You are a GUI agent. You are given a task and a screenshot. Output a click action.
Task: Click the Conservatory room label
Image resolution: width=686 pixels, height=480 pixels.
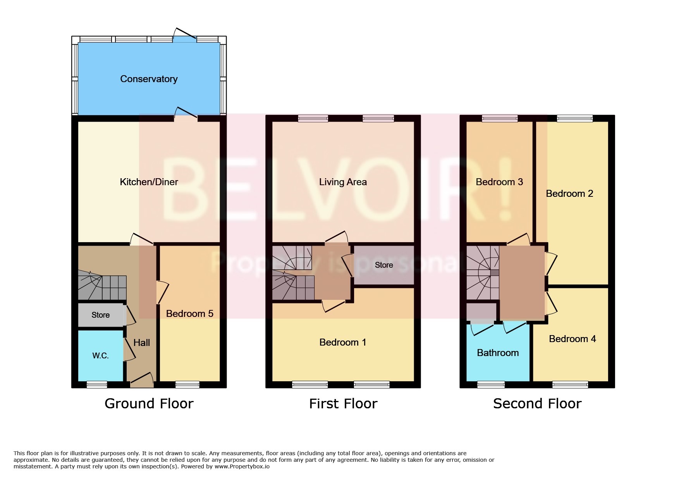tap(149, 79)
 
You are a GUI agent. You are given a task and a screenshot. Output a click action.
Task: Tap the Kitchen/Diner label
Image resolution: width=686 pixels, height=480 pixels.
tap(149, 182)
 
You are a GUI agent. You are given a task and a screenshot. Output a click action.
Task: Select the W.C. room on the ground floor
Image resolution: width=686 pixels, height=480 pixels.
tap(100, 356)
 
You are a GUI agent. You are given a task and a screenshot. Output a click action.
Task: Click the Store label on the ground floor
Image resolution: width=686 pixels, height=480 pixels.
tap(101, 315)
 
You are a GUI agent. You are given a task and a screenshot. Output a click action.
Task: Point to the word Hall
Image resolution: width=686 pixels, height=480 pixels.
tap(141, 343)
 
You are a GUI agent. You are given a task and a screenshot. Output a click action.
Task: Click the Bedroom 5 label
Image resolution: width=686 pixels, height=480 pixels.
tap(189, 313)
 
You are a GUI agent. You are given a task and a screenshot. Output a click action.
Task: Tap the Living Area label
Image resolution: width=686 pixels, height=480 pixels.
tap(343, 182)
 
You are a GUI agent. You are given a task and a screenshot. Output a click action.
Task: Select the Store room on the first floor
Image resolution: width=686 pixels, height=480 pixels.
tap(384, 265)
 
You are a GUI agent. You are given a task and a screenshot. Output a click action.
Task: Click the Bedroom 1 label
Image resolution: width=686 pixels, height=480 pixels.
tap(342, 342)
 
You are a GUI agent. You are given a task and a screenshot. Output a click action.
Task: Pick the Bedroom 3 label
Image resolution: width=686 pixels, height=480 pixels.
tap(499, 182)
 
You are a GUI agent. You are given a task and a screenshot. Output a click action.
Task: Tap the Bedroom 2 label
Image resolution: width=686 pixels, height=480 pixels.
tap(569, 194)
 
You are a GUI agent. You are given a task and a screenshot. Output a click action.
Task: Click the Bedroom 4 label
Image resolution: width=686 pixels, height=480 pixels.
tap(572, 339)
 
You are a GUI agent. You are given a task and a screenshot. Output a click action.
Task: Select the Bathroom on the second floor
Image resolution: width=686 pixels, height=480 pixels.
tap(498, 353)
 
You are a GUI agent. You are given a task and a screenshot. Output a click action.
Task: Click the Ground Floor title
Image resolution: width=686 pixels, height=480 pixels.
tap(149, 404)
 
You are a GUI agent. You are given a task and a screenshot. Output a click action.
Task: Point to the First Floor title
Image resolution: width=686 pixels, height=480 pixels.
tap(343, 404)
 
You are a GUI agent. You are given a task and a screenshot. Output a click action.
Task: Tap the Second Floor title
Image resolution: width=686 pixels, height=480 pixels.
tap(537, 404)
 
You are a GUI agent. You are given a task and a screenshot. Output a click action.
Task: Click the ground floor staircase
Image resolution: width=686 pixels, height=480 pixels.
tap(102, 287)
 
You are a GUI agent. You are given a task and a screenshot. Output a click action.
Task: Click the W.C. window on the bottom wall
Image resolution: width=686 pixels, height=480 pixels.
tap(97, 384)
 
